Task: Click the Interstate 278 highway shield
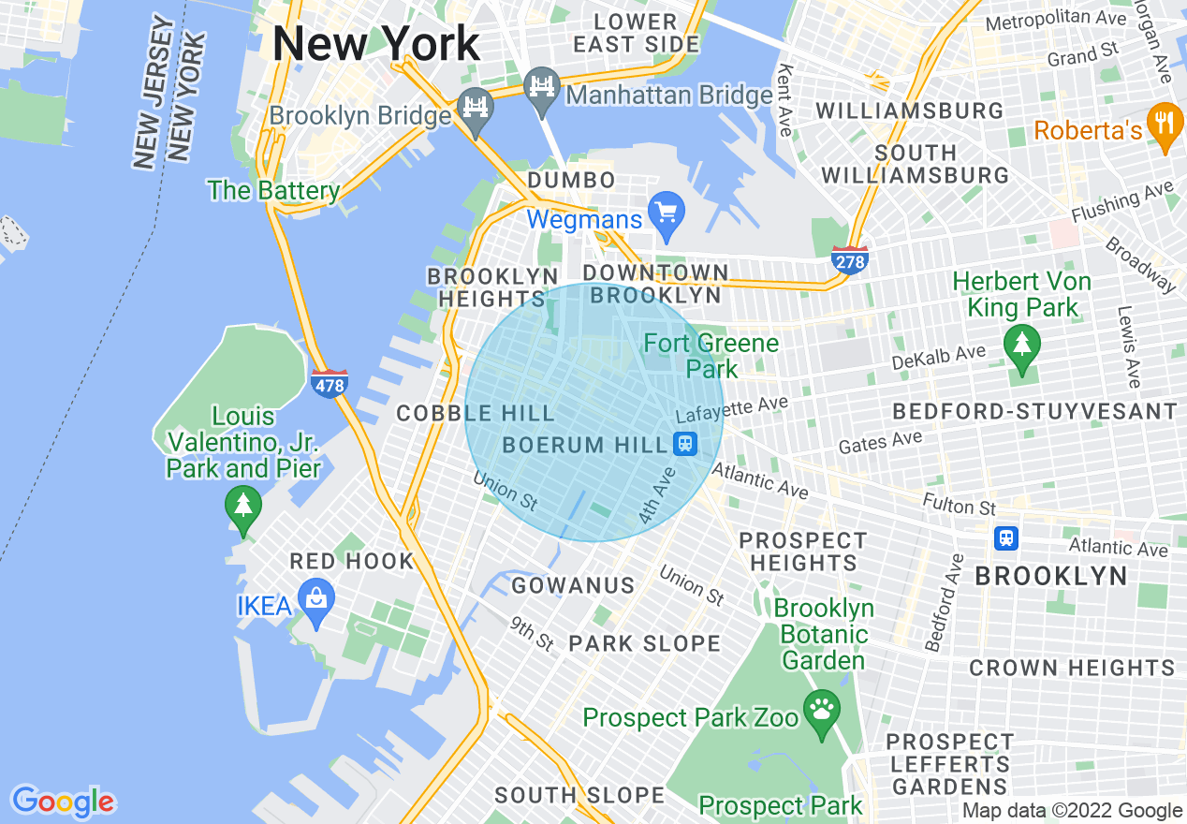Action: (x=849, y=259)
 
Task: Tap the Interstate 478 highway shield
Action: (x=330, y=382)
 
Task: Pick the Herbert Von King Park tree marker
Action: (x=1020, y=347)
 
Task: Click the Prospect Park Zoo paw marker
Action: (x=822, y=714)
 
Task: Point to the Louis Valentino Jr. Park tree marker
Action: (x=243, y=509)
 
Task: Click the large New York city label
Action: (x=376, y=44)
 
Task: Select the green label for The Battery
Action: (x=273, y=191)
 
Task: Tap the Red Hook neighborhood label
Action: (x=352, y=562)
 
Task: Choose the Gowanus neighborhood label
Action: (x=573, y=586)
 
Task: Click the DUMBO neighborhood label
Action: (x=571, y=180)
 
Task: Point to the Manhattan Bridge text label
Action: (x=669, y=95)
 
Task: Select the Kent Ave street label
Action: (x=785, y=99)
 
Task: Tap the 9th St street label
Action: (x=533, y=634)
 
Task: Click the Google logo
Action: (x=63, y=802)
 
